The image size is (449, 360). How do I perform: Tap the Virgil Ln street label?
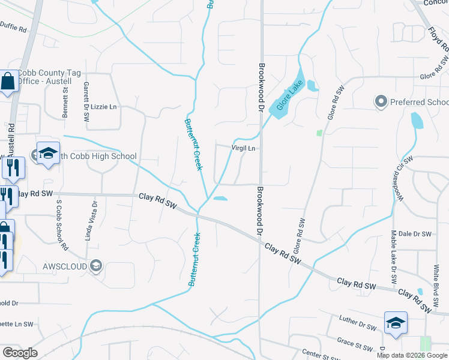pos(244,148)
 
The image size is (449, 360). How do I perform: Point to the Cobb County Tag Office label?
pos(49,77)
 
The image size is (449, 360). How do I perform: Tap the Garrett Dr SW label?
pos(86,100)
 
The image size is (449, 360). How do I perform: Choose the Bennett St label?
pos(65,101)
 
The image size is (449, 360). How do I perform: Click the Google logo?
pos(20,353)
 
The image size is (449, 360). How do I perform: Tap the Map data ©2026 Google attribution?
pos(412,355)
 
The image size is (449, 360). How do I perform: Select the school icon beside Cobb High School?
pos(49,154)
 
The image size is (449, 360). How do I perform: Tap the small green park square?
pos(319,132)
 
